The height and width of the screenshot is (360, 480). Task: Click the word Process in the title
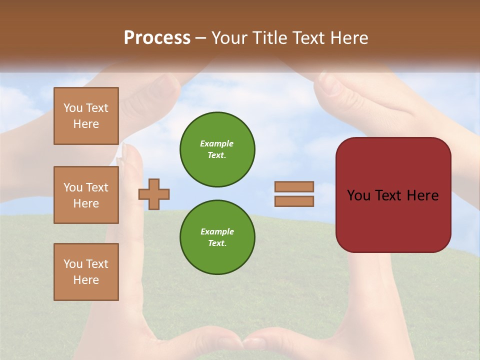(x=157, y=38)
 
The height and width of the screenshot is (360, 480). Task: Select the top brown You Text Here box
(x=86, y=116)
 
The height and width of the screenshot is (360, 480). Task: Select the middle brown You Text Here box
(x=86, y=195)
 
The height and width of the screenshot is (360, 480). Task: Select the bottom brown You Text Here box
(x=86, y=272)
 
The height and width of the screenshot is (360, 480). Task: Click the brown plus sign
(x=154, y=194)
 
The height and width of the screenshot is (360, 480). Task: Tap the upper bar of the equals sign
(x=294, y=186)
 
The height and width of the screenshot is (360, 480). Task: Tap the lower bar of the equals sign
(x=294, y=201)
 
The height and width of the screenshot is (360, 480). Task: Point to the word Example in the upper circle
(x=217, y=143)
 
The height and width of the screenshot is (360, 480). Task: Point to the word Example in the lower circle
(x=217, y=231)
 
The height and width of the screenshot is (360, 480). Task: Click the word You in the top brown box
(x=73, y=108)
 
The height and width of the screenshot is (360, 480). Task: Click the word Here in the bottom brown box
(x=86, y=280)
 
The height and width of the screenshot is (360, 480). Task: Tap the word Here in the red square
(x=422, y=195)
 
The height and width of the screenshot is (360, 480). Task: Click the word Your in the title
(x=227, y=38)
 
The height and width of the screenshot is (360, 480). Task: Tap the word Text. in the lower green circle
(x=217, y=243)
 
